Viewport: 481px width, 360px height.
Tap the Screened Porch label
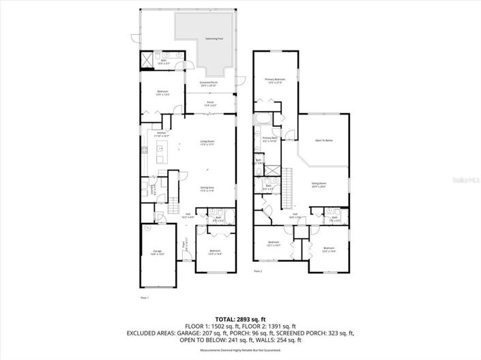(208, 84)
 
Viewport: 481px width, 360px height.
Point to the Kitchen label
(162, 134)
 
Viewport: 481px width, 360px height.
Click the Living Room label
(207, 142)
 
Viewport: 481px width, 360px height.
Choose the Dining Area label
(207, 189)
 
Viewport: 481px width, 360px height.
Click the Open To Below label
(323, 140)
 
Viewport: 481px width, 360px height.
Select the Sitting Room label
(319, 184)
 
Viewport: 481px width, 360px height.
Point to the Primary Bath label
(270, 139)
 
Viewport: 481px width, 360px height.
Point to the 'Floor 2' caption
(258, 271)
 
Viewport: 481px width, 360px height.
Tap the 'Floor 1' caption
(144, 298)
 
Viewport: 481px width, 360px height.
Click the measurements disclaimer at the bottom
(239, 349)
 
